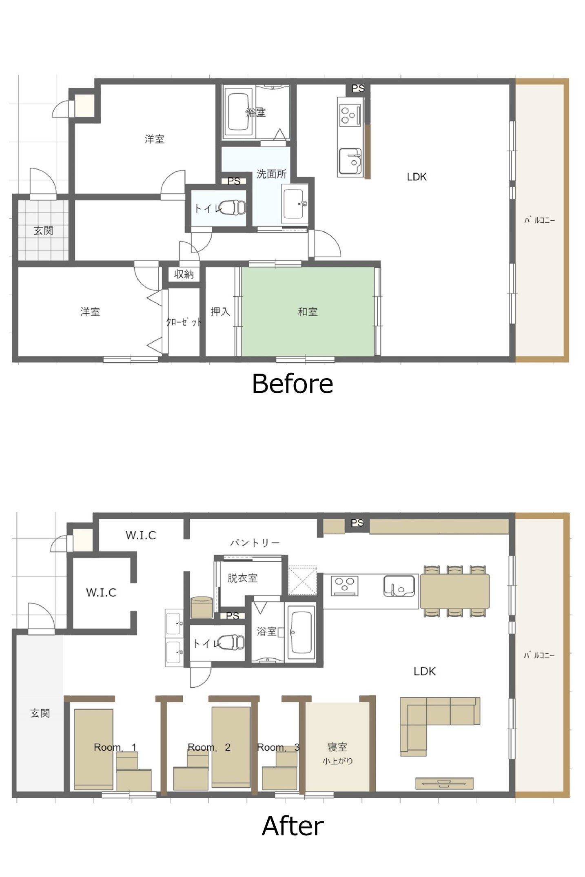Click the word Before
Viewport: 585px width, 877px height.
click(x=292, y=384)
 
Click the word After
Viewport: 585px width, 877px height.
click(x=292, y=826)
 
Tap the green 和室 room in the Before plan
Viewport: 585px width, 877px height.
click(x=308, y=312)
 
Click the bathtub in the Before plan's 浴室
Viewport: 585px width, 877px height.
click(x=238, y=112)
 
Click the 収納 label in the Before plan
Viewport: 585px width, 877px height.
click(x=184, y=274)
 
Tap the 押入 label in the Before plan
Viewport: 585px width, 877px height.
click(x=220, y=312)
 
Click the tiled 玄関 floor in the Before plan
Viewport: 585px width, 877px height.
click(x=43, y=230)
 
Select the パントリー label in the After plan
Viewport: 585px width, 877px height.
click(x=255, y=543)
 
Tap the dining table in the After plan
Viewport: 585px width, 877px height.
click(x=454, y=591)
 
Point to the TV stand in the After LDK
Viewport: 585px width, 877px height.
click(x=444, y=783)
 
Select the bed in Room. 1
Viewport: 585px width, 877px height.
click(x=93, y=749)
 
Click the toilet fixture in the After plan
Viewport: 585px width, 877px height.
click(x=232, y=643)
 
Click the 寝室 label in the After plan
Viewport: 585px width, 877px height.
click(x=337, y=747)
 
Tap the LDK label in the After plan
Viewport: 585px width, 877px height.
click(x=424, y=671)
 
